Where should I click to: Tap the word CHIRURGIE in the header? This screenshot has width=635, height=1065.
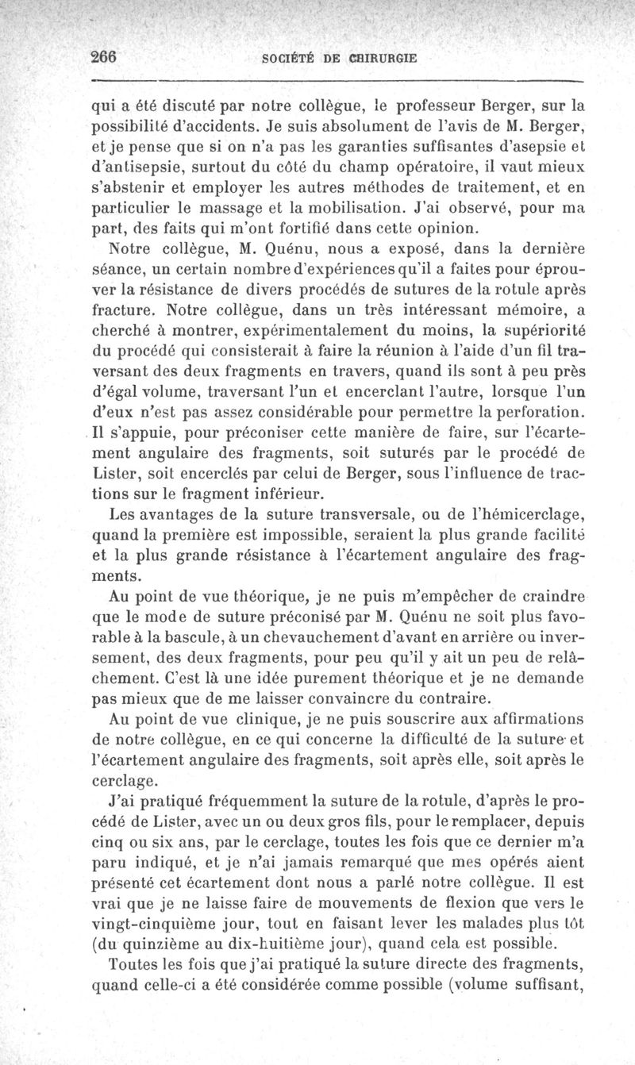click(x=377, y=59)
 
